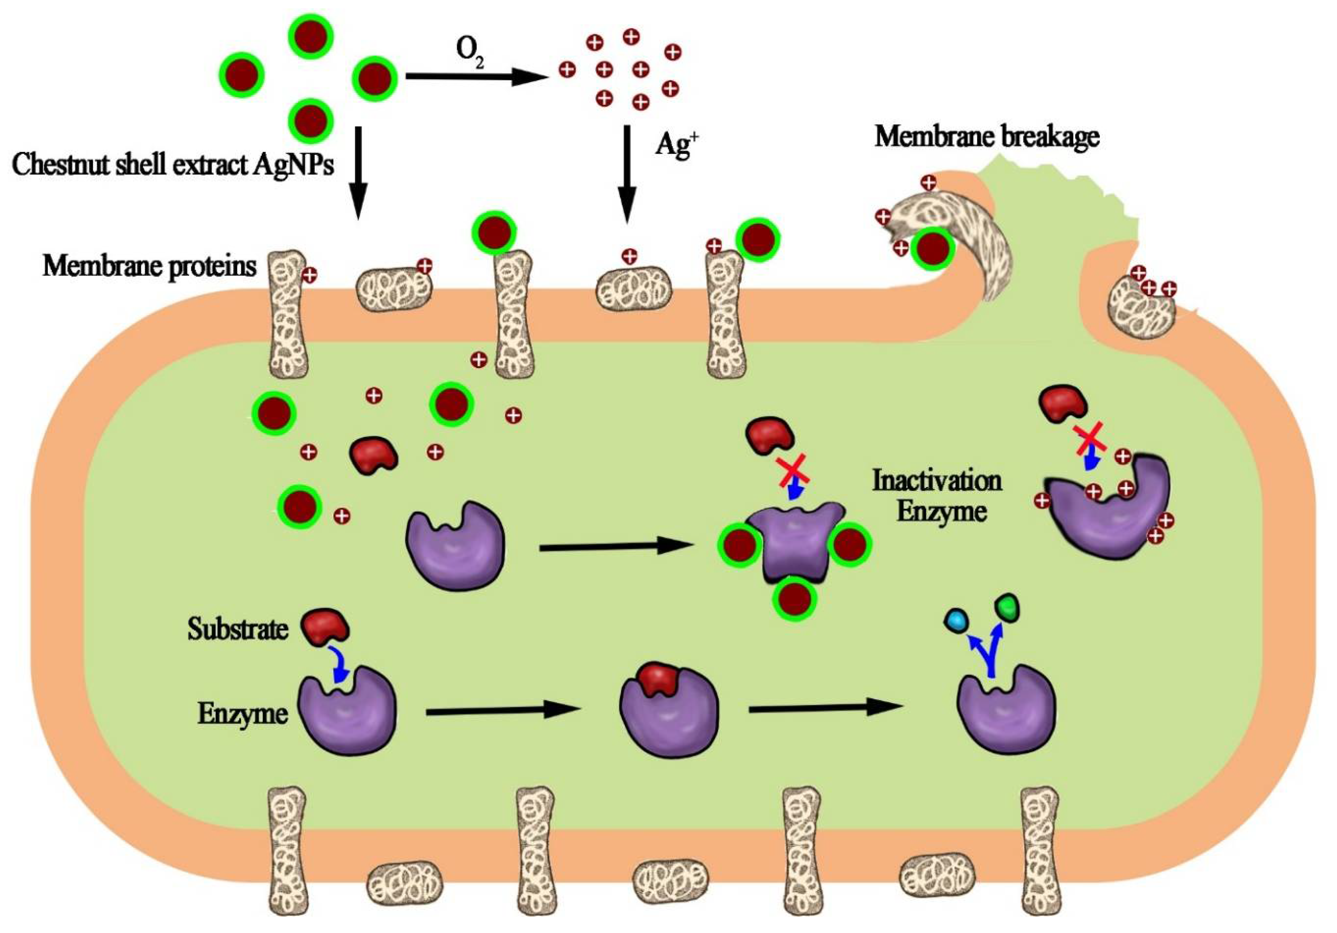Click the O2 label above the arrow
[x=469, y=54]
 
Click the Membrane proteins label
[x=150, y=267]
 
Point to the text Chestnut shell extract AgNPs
[x=173, y=165]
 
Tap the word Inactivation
[x=936, y=481]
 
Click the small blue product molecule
[x=956, y=622]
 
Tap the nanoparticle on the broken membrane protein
[x=932, y=249]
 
